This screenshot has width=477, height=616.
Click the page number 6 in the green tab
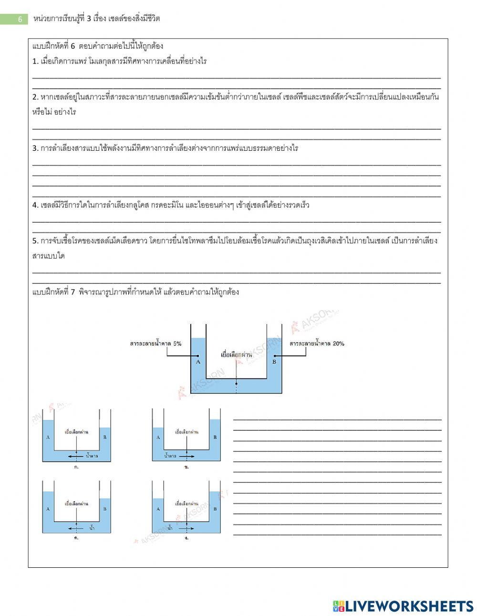[x=20, y=19]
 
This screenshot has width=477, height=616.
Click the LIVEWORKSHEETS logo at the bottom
[x=403, y=606]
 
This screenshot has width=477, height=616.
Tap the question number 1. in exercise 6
[x=35, y=62]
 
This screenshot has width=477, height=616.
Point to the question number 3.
[x=35, y=148]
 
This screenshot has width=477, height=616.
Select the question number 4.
[x=35, y=205]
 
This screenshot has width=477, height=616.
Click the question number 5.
[x=35, y=240]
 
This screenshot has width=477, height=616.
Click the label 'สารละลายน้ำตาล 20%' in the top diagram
[x=317, y=344]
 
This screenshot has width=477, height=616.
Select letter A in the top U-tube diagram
[x=198, y=362]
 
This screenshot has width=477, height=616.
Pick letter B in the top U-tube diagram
[x=274, y=362]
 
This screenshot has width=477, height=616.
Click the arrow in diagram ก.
[x=73, y=456]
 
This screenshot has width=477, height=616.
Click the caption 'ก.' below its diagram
[x=76, y=467]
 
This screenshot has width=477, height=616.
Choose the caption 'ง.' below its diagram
[x=186, y=538]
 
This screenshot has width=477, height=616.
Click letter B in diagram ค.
[x=105, y=509]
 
